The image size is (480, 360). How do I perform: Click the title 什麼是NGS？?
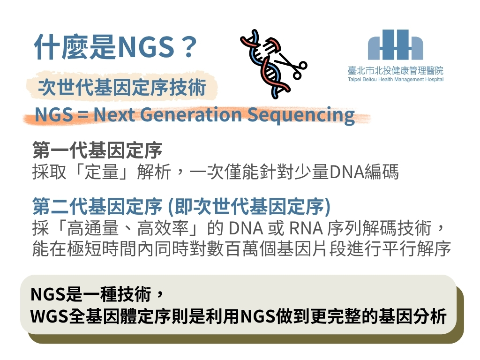(x=115, y=47)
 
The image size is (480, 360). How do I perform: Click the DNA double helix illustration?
(x=265, y=64)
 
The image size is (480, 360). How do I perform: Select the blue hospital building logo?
(x=396, y=45)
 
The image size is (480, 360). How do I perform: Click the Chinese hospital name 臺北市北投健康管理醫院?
(x=396, y=71)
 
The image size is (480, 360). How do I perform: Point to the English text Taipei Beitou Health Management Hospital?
(x=396, y=80)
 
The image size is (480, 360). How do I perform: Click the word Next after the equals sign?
(x=114, y=115)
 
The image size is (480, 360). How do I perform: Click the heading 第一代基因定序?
(x=97, y=150)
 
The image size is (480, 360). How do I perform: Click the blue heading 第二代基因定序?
(x=97, y=207)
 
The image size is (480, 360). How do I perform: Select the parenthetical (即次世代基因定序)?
(x=249, y=207)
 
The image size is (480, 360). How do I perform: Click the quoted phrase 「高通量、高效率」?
(x=128, y=228)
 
